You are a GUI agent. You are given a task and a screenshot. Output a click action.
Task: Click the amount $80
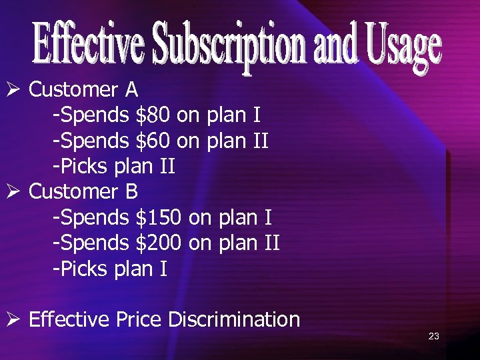point(153,115)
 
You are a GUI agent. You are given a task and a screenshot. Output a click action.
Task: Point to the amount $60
point(153,141)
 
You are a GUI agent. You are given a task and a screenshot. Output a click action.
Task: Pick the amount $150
point(159,218)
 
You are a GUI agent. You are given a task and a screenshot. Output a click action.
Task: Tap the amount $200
point(159,243)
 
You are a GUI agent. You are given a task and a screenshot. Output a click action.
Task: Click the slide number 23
point(433,336)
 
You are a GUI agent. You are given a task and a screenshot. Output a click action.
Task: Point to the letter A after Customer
point(130,89)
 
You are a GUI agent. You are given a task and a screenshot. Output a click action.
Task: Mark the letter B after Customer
point(130,192)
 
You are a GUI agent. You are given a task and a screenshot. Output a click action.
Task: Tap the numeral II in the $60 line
point(260,141)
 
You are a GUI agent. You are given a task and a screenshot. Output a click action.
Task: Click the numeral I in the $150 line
point(267,218)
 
